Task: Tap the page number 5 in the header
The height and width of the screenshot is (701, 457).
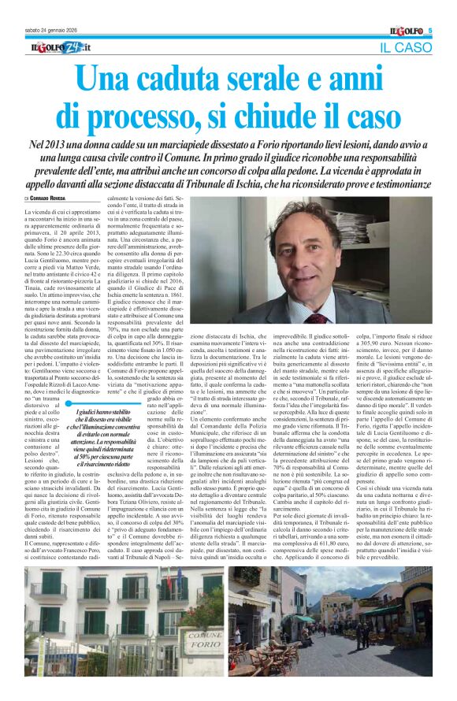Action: (432, 31)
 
